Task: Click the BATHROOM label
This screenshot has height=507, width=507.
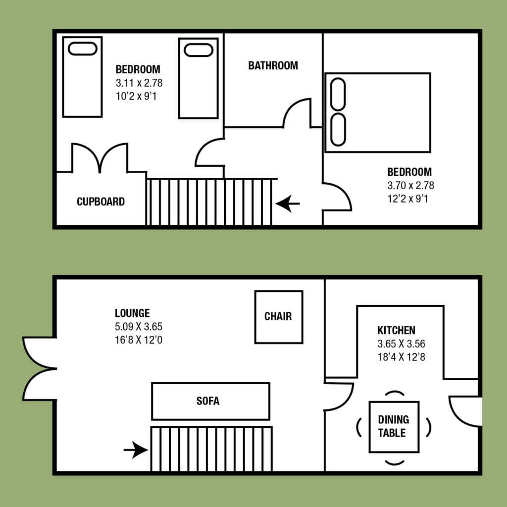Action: pyautogui.click(x=273, y=66)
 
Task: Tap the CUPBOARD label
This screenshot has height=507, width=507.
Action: pyautogui.click(x=101, y=202)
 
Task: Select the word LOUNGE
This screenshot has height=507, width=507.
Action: pyautogui.click(x=132, y=313)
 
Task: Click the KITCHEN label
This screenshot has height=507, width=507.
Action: pyautogui.click(x=396, y=330)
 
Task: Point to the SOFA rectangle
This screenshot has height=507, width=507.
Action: pyautogui.click(x=210, y=401)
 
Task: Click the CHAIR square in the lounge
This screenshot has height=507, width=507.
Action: pyautogui.click(x=279, y=317)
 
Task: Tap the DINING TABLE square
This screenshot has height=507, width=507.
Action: pyautogui.click(x=394, y=426)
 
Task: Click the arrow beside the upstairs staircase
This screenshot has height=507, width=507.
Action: pyautogui.click(x=288, y=203)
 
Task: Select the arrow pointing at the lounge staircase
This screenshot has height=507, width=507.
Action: pyautogui.click(x=136, y=450)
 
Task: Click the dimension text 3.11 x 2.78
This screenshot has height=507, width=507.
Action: pyautogui.click(x=139, y=83)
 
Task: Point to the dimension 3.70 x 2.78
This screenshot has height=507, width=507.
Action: pyautogui.click(x=410, y=185)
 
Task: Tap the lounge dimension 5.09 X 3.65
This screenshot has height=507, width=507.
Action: pyautogui.click(x=139, y=327)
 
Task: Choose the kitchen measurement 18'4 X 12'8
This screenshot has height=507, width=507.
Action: pyautogui.click(x=401, y=357)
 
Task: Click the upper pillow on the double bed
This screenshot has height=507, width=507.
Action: pyautogui.click(x=338, y=94)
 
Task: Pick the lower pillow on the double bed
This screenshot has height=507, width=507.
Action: pyautogui.click(x=338, y=130)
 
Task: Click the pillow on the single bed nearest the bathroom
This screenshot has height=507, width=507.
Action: pyautogui.click(x=198, y=50)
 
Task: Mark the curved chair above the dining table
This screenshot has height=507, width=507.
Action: pyautogui.click(x=394, y=393)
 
